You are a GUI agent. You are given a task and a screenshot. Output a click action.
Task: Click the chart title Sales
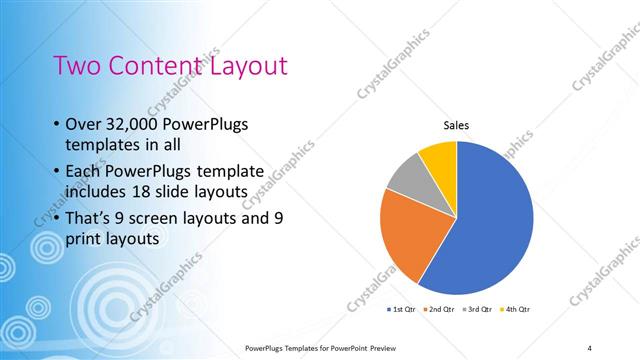(456, 125)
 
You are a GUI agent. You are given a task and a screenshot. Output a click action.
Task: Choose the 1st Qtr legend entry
(402, 309)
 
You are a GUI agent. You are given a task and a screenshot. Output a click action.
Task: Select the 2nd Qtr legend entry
(440, 309)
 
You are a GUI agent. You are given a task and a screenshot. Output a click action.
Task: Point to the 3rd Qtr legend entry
(477, 309)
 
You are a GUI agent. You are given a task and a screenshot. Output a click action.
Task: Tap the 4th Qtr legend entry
(514, 309)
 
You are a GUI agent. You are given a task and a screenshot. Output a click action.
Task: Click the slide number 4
(590, 347)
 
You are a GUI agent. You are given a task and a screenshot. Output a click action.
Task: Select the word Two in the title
(76, 66)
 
